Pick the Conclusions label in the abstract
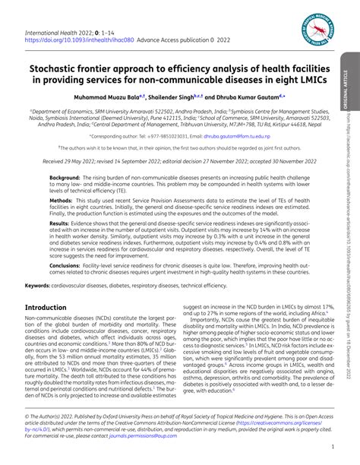click(68, 265)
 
